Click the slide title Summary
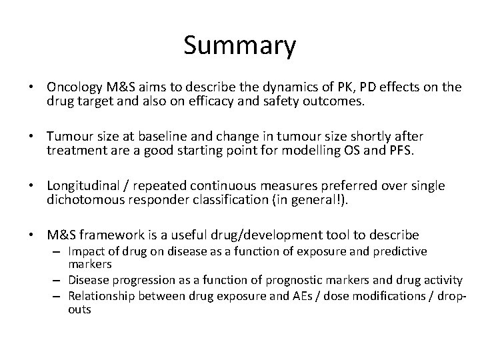click(x=239, y=46)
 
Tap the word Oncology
click(x=74, y=87)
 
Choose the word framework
click(x=116, y=235)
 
